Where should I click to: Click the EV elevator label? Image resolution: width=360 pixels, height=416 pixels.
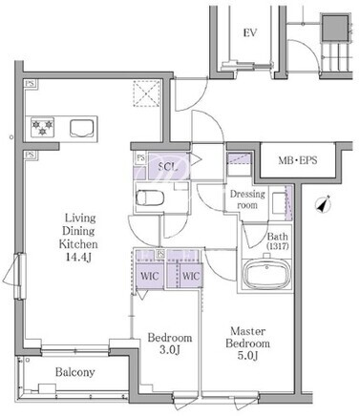click(250, 32)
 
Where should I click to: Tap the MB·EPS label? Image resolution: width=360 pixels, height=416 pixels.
click(298, 160)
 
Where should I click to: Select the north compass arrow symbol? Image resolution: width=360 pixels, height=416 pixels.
click(324, 204)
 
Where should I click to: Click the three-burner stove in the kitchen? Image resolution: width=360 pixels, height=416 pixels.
click(42, 127)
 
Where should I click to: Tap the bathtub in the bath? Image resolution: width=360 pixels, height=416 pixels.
click(266, 274)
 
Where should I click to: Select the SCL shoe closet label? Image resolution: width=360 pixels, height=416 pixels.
click(167, 167)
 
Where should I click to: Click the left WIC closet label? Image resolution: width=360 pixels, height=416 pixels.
click(150, 276)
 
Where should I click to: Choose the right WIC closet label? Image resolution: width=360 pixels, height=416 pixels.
click(191, 276)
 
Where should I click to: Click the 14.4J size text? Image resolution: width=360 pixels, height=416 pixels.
click(78, 257)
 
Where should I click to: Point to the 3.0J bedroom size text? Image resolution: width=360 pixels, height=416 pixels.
click(169, 350)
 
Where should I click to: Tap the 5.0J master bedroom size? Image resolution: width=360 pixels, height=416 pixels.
click(247, 356)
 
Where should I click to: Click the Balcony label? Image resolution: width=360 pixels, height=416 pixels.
click(75, 372)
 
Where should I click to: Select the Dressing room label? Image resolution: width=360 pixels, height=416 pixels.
click(247, 199)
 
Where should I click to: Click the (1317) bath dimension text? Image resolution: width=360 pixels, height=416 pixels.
click(278, 246)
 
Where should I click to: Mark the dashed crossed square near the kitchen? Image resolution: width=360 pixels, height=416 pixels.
click(147, 94)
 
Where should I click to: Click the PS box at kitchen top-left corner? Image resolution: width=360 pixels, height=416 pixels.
click(30, 84)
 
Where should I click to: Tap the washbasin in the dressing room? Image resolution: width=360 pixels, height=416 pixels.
click(279, 203)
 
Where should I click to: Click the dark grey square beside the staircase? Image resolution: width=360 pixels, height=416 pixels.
click(335, 28)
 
